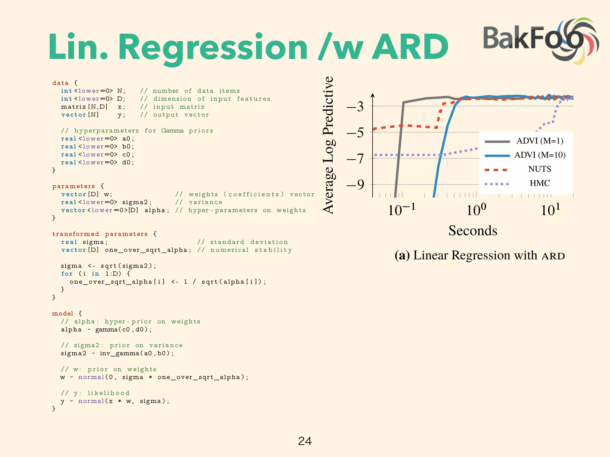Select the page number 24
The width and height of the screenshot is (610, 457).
click(x=305, y=441)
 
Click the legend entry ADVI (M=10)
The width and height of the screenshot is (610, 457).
click(x=540, y=155)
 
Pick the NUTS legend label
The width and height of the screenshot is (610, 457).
click(x=539, y=169)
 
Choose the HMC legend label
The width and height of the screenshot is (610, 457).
click(x=539, y=183)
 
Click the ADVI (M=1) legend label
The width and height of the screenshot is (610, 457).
click(x=540, y=141)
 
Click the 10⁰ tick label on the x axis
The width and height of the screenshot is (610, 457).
click(x=476, y=210)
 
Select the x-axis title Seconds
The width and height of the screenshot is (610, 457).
click(x=473, y=231)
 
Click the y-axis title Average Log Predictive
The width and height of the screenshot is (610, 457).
click(x=329, y=145)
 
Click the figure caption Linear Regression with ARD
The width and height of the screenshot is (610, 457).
click(x=480, y=256)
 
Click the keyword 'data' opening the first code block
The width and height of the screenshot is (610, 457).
click(x=60, y=83)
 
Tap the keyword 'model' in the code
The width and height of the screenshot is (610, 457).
click(x=63, y=314)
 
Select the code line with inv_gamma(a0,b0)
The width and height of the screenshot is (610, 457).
click(x=117, y=353)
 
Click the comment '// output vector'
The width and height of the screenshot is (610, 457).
click(x=175, y=115)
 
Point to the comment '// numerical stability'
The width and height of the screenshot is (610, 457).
click(x=245, y=250)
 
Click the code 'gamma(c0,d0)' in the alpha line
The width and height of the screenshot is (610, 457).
click(x=123, y=330)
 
